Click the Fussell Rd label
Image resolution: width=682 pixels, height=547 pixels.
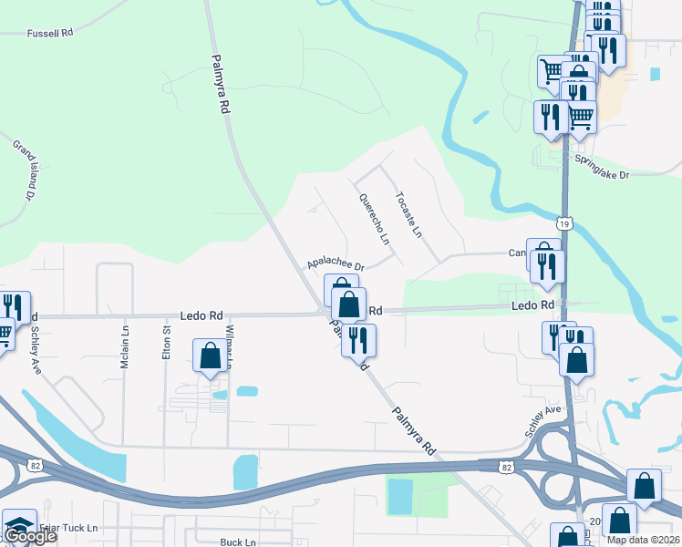[50, 33]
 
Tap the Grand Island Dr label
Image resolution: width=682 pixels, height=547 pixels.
[24, 170]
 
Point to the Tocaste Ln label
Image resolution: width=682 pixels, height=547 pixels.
[409, 214]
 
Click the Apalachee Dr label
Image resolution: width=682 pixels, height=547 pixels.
[336, 262]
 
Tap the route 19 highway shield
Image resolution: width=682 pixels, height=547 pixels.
[565, 222]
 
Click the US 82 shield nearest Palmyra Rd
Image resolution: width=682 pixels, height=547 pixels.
[506, 466]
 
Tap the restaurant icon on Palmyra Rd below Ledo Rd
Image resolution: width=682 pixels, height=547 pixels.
[358, 340]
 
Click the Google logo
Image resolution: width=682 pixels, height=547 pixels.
[29, 536]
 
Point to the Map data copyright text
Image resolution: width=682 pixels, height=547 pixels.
[642, 540]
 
